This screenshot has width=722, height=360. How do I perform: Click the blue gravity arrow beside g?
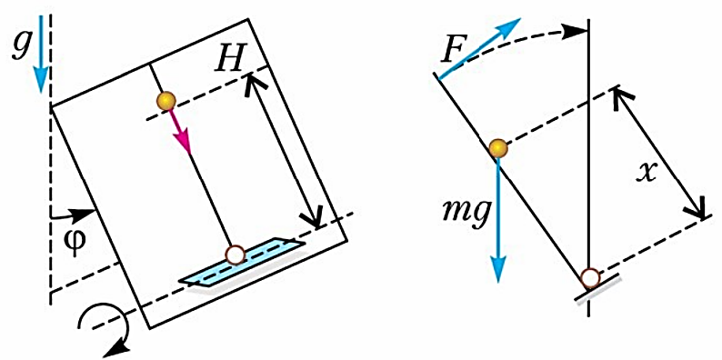point(42,54)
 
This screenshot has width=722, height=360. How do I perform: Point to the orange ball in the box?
point(165,100)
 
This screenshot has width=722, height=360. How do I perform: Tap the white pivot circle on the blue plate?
point(235,255)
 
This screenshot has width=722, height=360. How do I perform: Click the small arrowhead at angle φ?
point(85,215)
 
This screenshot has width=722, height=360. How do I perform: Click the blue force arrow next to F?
point(480,49)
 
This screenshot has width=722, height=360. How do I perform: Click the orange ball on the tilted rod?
point(498,149)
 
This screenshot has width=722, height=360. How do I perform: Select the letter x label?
point(645,173)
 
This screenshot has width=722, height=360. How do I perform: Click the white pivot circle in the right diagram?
point(590,278)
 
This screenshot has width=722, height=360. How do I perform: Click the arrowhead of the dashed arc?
point(577,31)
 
